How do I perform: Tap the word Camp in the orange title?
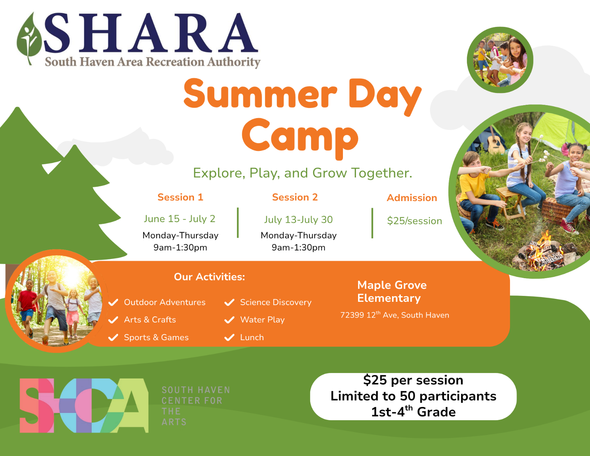(x=300, y=138)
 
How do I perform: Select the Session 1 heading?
(x=180, y=197)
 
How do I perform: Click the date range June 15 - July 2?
(x=180, y=219)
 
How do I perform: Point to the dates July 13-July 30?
(x=298, y=220)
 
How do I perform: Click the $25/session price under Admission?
(x=414, y=221)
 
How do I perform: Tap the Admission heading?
(x=412, y=198)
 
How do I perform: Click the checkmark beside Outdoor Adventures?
(x=113, y=302)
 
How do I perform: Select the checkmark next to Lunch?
(x=229, y=337)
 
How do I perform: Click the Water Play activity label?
(x=262, y=319)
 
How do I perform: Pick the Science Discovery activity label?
(x=275, y=302)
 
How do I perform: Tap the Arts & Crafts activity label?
(x=150, y=319)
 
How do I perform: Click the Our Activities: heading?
(x=209, y=277)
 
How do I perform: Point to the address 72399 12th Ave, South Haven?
(x=395, y=314)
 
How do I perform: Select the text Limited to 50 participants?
(x=413, y=396)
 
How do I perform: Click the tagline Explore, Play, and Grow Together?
(x=302, y=173)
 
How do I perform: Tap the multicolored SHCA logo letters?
(x=84, y=405)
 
